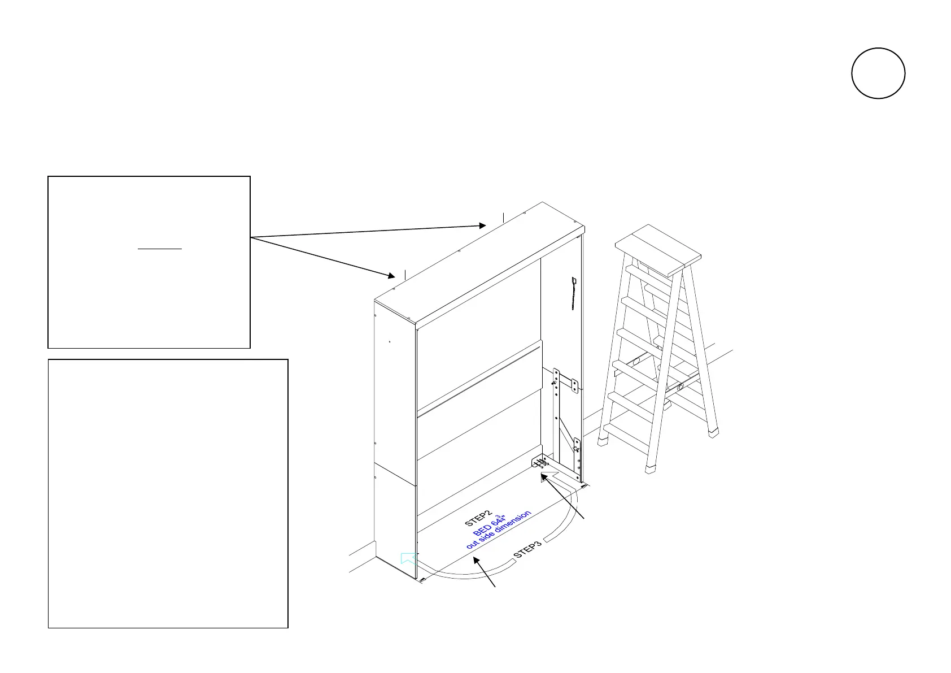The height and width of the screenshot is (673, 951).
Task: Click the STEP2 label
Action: tap(479, 519)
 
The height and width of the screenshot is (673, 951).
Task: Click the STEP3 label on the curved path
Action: tap(527, 548)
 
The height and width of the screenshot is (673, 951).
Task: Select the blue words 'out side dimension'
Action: tap(499, 530)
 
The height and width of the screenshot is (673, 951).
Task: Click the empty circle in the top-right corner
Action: tap(878, 73)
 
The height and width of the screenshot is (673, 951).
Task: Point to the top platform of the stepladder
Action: tap(658, 249)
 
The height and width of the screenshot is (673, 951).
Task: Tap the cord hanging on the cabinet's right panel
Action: tap(574, 293)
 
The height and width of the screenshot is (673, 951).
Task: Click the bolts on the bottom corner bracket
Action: tap(541, 464)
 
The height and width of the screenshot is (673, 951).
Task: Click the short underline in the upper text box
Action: tap(160, 249)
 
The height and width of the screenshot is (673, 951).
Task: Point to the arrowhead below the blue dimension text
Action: tap(477, 561)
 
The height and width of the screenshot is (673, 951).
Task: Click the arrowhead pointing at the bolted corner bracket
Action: tap(543, 478)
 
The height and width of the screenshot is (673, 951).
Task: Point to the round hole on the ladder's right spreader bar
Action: tap(680, 388)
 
